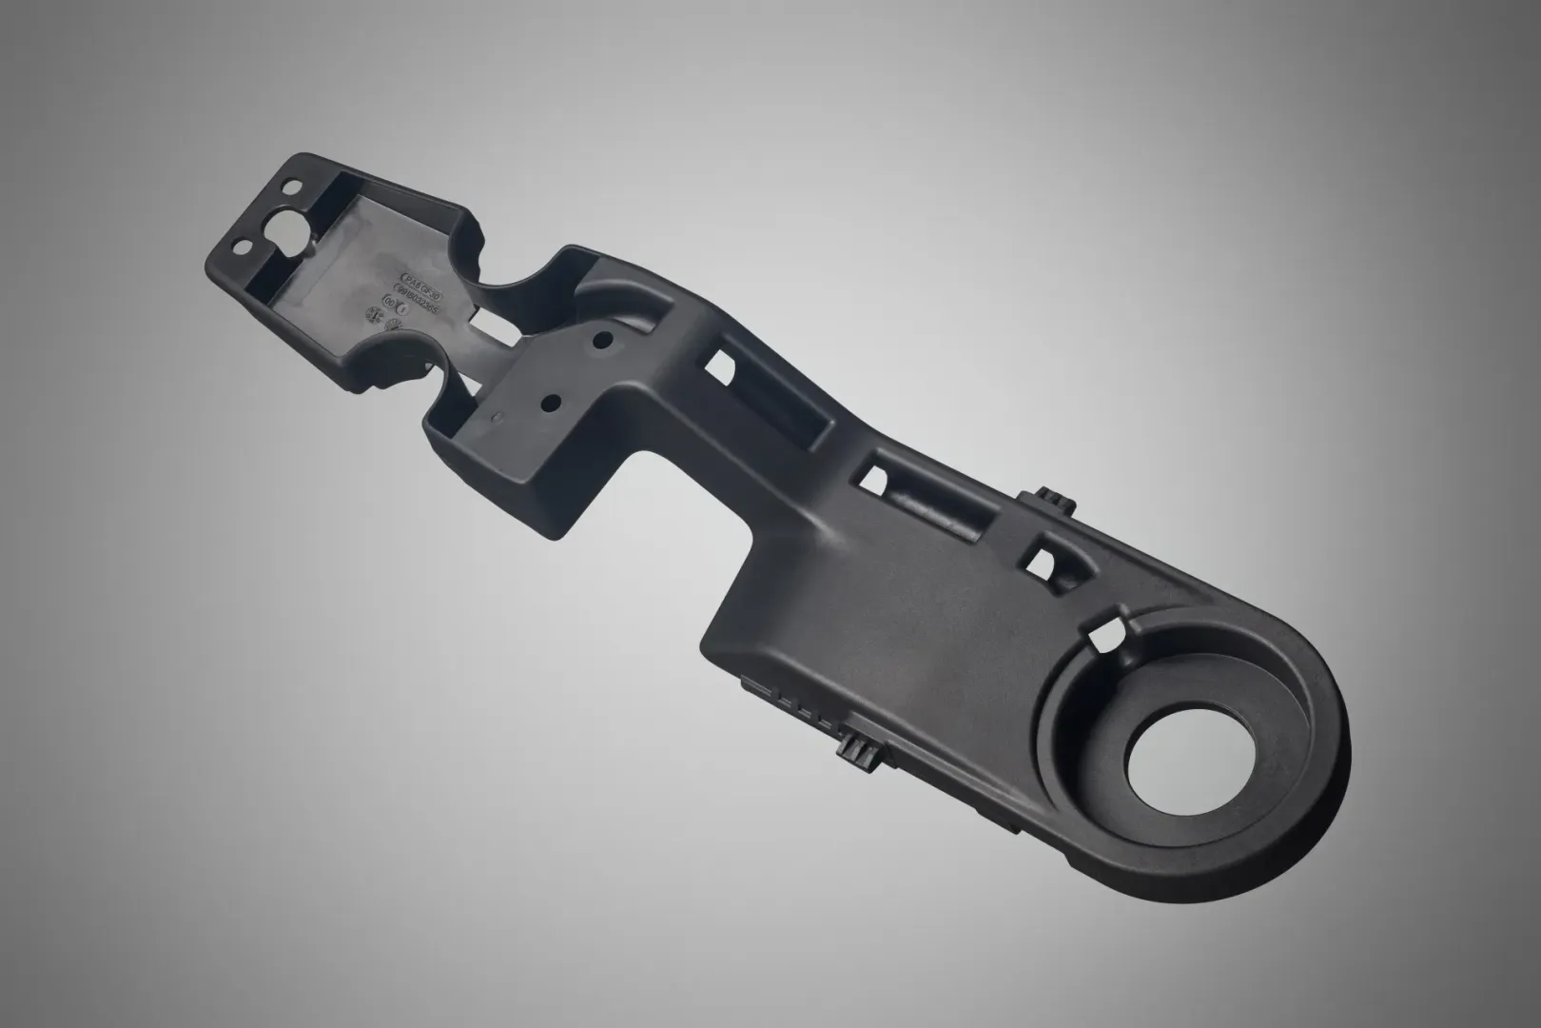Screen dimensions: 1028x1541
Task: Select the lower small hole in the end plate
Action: (x=241, y=248)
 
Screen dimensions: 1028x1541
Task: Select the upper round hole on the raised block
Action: (x=601, y=338)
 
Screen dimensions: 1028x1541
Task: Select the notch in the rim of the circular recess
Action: (x=1108, y=633)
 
